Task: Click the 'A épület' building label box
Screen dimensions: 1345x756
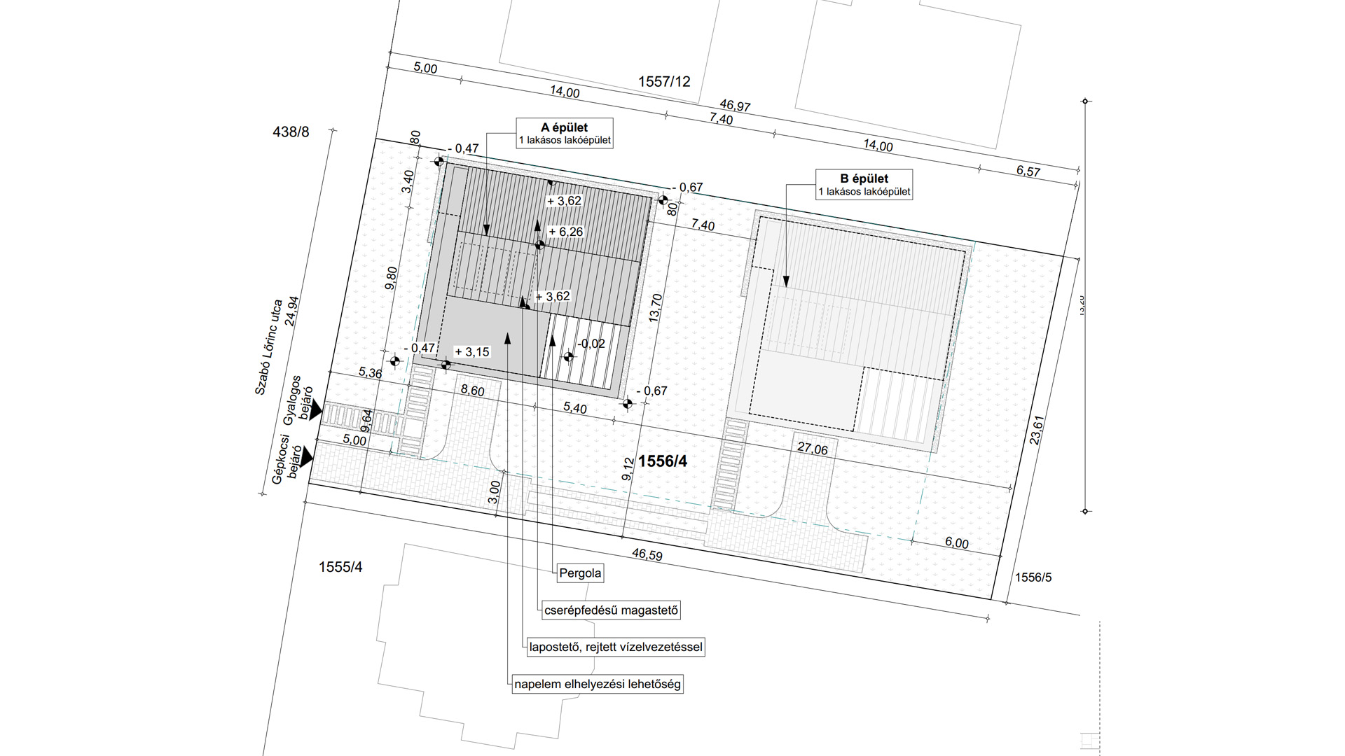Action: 565,133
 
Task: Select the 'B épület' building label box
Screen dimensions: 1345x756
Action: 864,184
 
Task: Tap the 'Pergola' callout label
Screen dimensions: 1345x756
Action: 580,573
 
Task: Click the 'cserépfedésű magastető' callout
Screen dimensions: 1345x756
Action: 612,610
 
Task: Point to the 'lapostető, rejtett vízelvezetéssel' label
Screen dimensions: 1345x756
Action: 616,647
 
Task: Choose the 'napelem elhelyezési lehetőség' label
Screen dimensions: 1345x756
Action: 597,684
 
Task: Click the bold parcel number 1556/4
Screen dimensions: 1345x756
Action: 663,462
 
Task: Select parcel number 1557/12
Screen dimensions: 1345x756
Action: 664,82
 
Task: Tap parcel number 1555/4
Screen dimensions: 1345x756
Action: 340,567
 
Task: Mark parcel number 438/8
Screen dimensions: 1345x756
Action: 291,132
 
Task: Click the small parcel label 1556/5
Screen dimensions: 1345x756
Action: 1034,577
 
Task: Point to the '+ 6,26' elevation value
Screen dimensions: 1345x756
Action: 565,232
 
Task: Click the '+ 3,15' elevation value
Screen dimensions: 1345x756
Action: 472,352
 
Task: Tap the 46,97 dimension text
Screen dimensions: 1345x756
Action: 735,106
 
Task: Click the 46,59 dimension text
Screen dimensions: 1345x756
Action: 647,555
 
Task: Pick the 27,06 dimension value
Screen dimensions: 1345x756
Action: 811,449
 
